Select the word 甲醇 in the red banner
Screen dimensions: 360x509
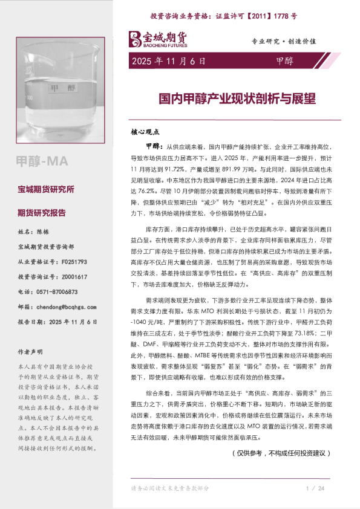284,61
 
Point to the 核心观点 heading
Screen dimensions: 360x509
145,131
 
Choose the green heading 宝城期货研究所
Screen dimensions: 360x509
46,190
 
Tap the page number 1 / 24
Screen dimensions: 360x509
316,488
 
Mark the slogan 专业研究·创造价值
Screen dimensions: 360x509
284,41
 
